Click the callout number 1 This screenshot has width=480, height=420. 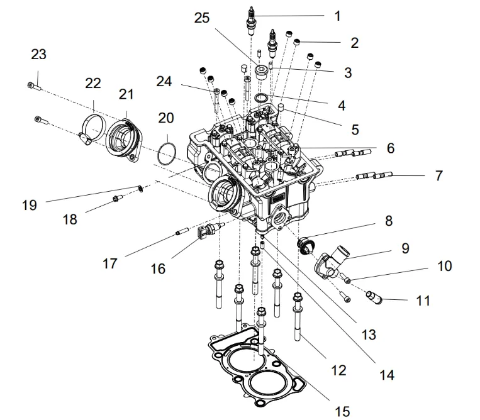coord(337,16)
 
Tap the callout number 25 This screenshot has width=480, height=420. coord(202,19)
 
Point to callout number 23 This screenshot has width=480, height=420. coord(38,55)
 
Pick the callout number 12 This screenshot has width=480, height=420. coord(338,371)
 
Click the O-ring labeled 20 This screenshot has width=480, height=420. coord(166,153)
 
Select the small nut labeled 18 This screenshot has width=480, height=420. coord(116,200)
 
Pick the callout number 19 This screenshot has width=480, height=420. coord(29,204)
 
